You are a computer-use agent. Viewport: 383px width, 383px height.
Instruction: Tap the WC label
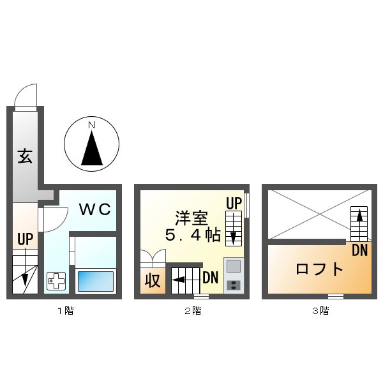point(96,209)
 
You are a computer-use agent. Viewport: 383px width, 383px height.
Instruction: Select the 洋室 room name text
point(191,217)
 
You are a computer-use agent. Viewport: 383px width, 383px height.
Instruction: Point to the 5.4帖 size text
point(192,236)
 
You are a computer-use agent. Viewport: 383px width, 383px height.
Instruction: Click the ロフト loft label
point(319,268)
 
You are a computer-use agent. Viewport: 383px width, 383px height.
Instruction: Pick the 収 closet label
point(152,280)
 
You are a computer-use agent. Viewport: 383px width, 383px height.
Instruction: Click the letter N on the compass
point(92,124)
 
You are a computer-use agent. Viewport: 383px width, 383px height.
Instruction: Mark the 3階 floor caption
point(320,312)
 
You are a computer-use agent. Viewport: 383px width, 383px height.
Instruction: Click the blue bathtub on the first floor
point(96,281)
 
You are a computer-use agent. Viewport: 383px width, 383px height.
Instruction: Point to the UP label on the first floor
point(25,240)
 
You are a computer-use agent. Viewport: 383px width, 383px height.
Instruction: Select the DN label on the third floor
point(359,250)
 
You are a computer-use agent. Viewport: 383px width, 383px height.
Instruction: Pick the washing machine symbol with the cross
point(56,281)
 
